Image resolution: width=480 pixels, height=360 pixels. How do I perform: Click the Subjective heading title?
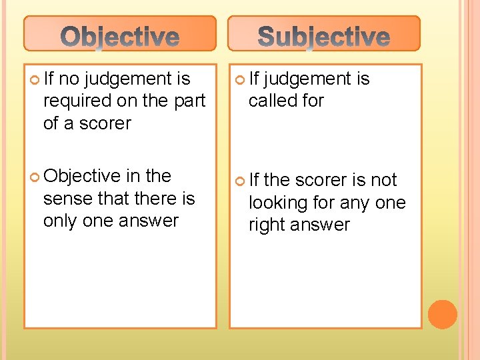(x=324, y=37)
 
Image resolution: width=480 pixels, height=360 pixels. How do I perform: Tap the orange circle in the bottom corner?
(x=443, y=314)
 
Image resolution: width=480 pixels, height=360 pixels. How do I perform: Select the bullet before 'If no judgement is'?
(x=35, y=80)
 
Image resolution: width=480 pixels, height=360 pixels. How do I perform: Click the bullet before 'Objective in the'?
(x=35, y=177)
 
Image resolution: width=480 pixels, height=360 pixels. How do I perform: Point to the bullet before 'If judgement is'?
(x=241, y=80)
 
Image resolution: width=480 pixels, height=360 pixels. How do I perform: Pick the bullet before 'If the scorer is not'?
(x=241, y=181)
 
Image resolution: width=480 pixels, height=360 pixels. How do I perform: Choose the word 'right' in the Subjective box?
(x=267, y=225)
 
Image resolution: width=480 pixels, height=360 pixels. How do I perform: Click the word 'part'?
(x=189, y=101)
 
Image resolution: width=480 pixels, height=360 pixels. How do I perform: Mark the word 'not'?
(x=383, y=180)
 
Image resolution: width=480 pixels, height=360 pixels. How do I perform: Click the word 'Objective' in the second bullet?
(x=81, y=176)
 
